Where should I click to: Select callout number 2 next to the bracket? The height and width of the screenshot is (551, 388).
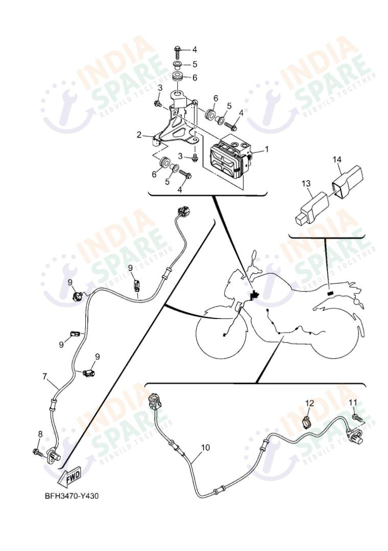point(139,135)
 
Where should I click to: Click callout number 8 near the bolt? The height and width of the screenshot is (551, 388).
point(40,434)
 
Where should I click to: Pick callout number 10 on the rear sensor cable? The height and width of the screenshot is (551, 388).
point(205,447)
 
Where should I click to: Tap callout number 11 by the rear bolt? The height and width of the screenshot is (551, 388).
point(353,402)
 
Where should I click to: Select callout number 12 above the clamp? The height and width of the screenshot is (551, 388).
point(310,403)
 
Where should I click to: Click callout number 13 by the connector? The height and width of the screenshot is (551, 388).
point(305,183)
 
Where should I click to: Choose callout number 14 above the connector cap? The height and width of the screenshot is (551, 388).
point(337,159)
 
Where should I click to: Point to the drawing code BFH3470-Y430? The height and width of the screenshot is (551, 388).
point(71,496)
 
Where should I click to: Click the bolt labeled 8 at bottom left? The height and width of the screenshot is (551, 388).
point(37,451)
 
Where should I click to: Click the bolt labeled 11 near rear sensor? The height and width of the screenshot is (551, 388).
point(357,419)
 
